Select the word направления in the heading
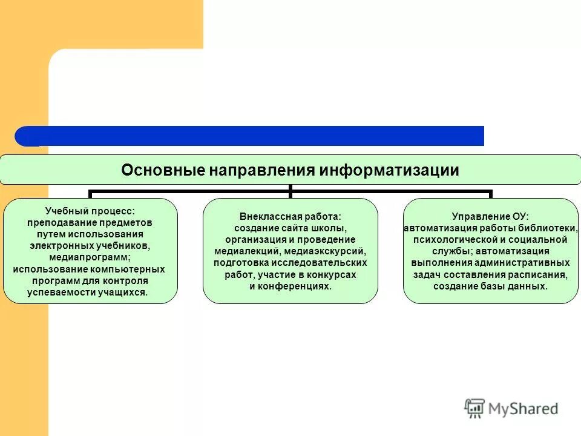[263, 170]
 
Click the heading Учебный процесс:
[90, 211]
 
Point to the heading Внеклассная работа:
[290, 216]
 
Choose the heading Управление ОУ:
[490, 216]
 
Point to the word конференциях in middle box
[300, 286]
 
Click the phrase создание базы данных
[490, 286]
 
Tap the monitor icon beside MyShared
[475, 409]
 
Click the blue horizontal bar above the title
[254, 136]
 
